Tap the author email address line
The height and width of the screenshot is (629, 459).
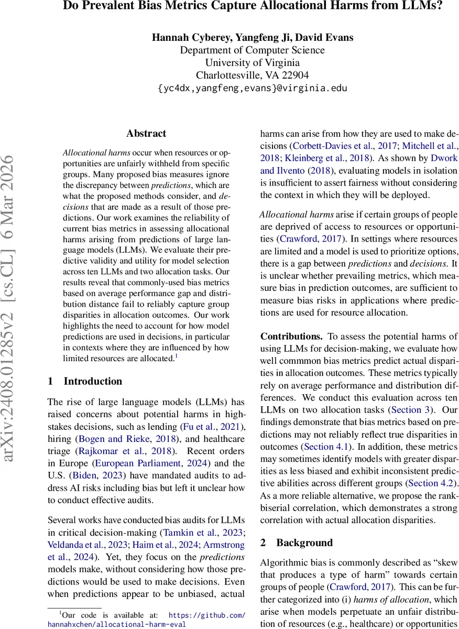tap(252, 88)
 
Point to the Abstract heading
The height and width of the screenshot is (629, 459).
tap(146, 134)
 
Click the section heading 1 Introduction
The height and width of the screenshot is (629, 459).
tap(85, 381)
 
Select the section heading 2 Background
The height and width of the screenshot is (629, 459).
tap(297, 543)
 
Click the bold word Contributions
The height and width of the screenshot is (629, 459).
tap(291, 336)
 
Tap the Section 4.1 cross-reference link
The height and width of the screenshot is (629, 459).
tap(325, 446)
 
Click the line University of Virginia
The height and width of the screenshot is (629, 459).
tap(252, 63)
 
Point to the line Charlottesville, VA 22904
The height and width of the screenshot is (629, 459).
tap(252, 75)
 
